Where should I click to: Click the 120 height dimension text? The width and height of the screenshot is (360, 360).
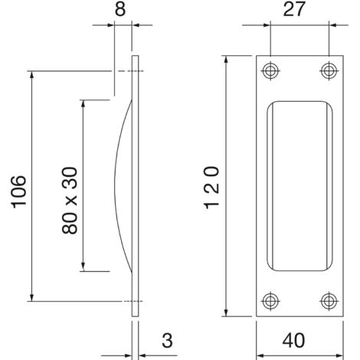211,187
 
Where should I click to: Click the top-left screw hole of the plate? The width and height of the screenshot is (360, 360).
269,71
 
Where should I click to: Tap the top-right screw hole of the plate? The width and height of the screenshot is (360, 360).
329,71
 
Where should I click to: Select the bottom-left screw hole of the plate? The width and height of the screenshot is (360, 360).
269,299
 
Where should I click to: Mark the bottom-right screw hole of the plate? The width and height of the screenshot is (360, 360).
329,299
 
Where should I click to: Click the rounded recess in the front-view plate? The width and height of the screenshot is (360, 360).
299,186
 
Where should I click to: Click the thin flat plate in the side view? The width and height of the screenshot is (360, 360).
136,186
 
